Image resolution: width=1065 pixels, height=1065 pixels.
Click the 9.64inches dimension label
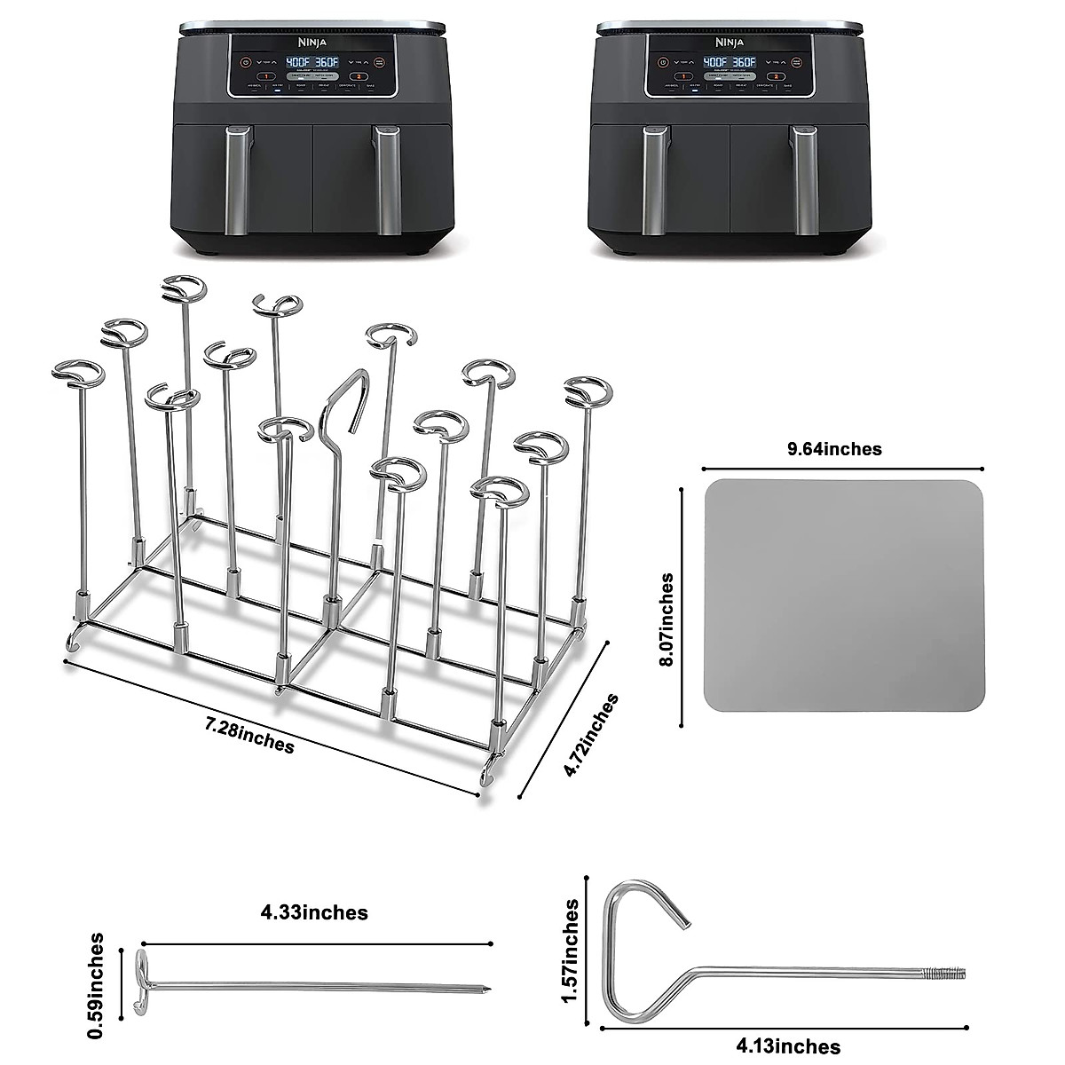pyautogui.click(x=835, y=449)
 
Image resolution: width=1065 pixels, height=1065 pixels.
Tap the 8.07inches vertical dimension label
pyautogui.click(x=667, y=619)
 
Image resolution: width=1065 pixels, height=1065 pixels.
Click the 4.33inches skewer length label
pyautogui.click(x=314, y=912)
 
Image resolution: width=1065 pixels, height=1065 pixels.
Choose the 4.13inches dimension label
pyautogui.click(x=789, y=1048)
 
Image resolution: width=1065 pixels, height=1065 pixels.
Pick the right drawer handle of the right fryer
pyautogui.click(x=805, y=180)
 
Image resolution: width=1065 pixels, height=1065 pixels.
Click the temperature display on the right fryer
pyautogui.click(x=729, y=63)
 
